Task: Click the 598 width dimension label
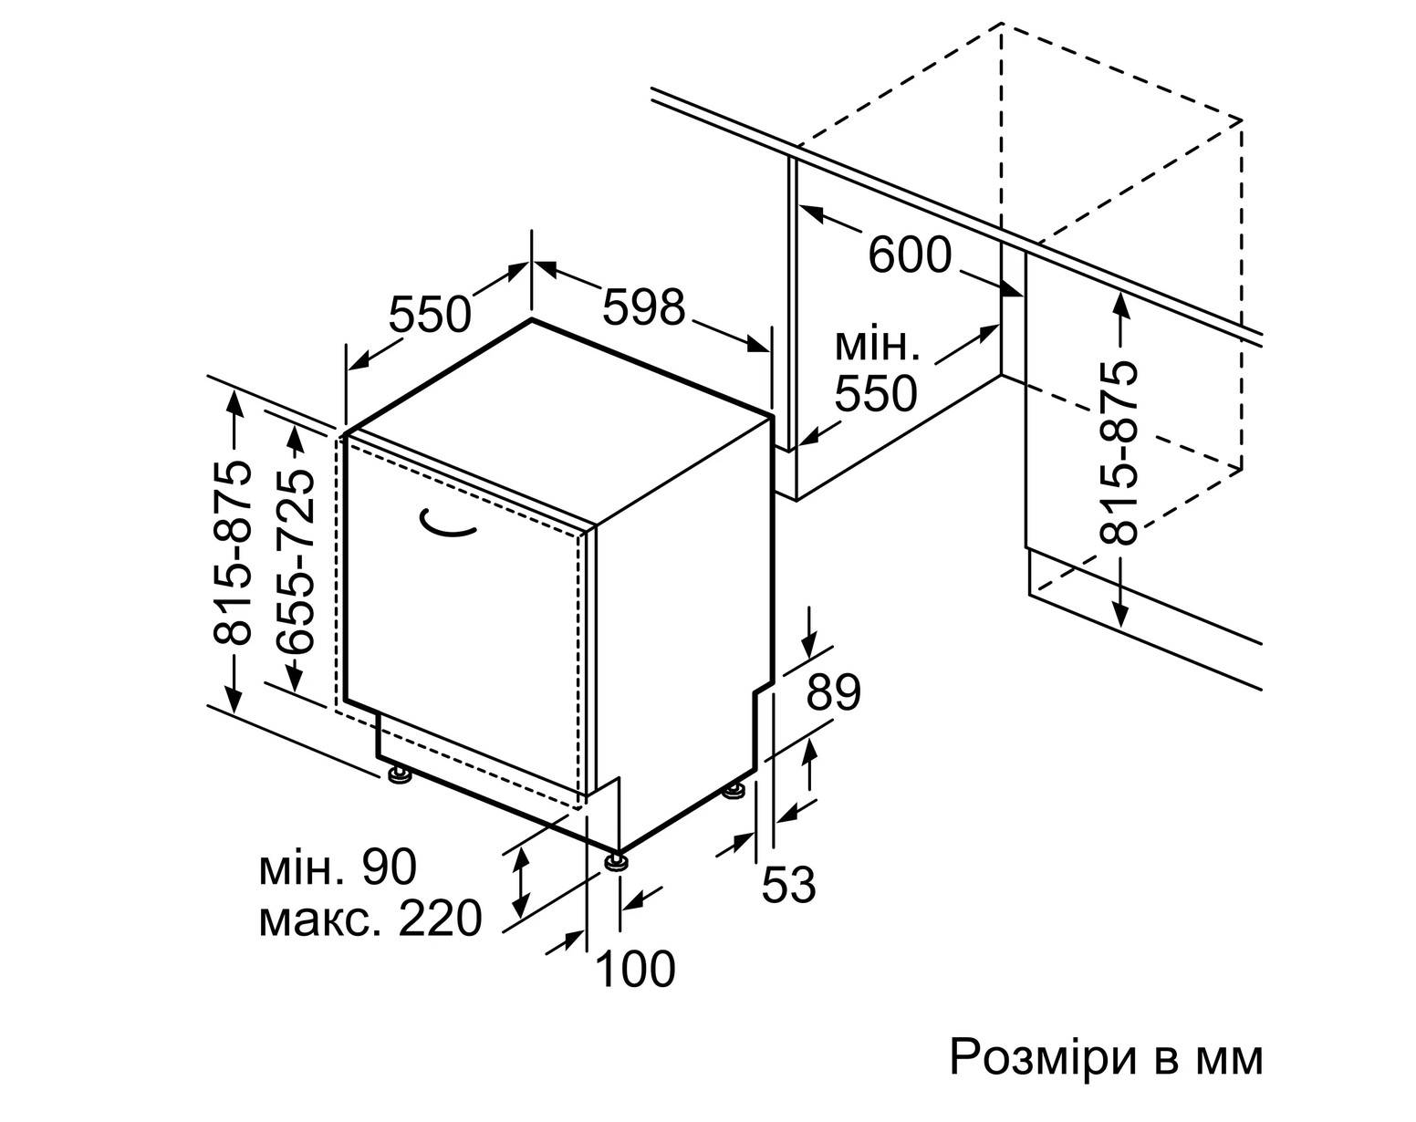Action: click(643, 306)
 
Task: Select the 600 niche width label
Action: click(910, 255)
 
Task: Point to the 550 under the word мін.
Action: click(876, 393)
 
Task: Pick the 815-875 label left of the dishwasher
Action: click(233, 552)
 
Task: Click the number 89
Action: click(833, 691)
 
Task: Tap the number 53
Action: click(788, 884)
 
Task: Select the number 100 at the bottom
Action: click(636, 968)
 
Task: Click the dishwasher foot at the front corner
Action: click(616, 861)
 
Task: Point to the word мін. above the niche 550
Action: click(877, 347)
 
